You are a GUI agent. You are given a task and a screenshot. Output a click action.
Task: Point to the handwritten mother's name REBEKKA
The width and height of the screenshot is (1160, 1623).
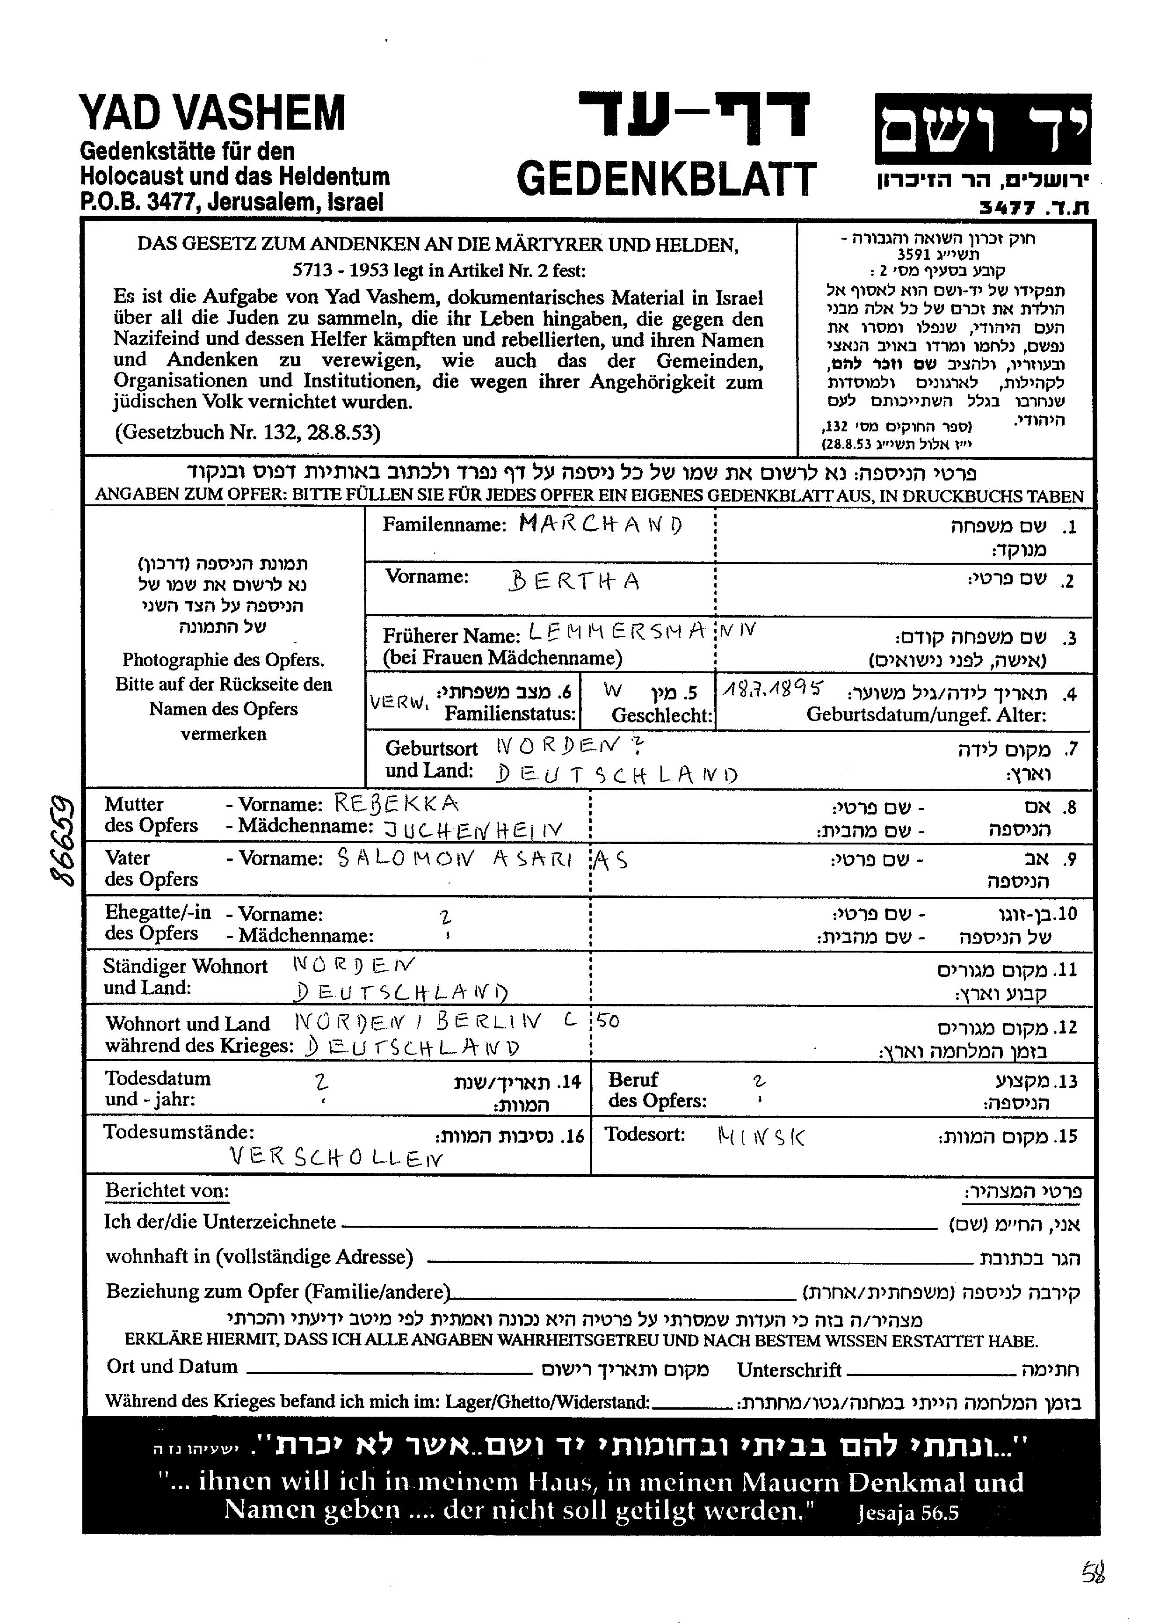click(x=397, y=804)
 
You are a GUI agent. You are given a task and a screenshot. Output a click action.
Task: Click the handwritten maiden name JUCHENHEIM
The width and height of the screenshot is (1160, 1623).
click(x=473, y=830)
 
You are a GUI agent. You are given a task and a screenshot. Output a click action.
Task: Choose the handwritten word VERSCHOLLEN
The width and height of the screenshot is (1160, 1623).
click(x=336, y=1157)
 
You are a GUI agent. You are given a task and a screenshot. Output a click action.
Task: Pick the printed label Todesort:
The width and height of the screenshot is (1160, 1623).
click(x=645, y=1135)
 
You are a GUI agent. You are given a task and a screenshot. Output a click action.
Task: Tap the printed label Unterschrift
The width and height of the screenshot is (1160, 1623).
click(x=789, y=1370)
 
